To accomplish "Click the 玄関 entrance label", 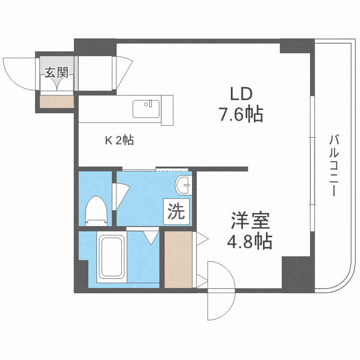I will pyautogui.click(x=57, y=73).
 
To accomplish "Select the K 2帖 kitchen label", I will pyautogui.click(x=120, y=140).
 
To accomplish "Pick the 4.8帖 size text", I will pyautogui.click(x=250, y=241).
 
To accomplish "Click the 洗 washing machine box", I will pyautogui.click(x=176, y=212).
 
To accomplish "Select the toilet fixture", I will pyautogui.click(x=96, y=211).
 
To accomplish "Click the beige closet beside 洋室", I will pyautogui.click(x=178, y=259).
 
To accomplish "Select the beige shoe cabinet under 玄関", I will pyautogui.click(x=57, y=101).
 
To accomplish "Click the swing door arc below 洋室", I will pyautogui.click(x=220, y=291).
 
